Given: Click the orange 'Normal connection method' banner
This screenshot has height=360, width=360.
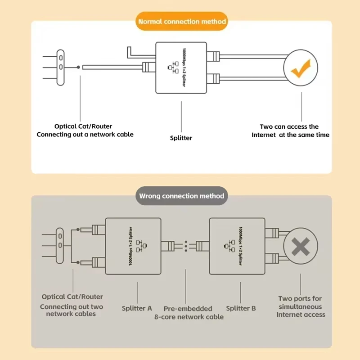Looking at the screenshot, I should click(182, 21).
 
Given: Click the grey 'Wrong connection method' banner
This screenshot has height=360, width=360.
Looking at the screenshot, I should click(181, 196).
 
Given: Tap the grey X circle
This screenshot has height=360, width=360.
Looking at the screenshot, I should click(300, 247).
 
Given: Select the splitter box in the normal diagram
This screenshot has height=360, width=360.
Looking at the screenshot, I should click(182, 67).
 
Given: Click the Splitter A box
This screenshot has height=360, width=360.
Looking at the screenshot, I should click(133, 246).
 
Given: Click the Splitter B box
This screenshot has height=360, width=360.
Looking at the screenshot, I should click(237, 246).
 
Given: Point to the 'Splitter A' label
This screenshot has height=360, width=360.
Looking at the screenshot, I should click(137, 308).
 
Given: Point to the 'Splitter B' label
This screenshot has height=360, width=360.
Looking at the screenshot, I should click(241, 308).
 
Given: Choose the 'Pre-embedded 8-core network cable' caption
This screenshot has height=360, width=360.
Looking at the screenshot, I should click(189, 312).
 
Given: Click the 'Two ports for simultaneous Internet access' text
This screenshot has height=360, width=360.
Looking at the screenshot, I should click(300, 306).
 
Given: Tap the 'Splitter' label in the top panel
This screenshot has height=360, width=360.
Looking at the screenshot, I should click(181, 138).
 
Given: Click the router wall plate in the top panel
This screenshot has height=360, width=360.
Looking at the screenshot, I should click(61, 67).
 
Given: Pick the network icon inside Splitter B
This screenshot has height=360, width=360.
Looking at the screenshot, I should click(231, 246).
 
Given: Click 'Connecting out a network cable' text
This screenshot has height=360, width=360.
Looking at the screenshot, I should click(85, 135).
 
